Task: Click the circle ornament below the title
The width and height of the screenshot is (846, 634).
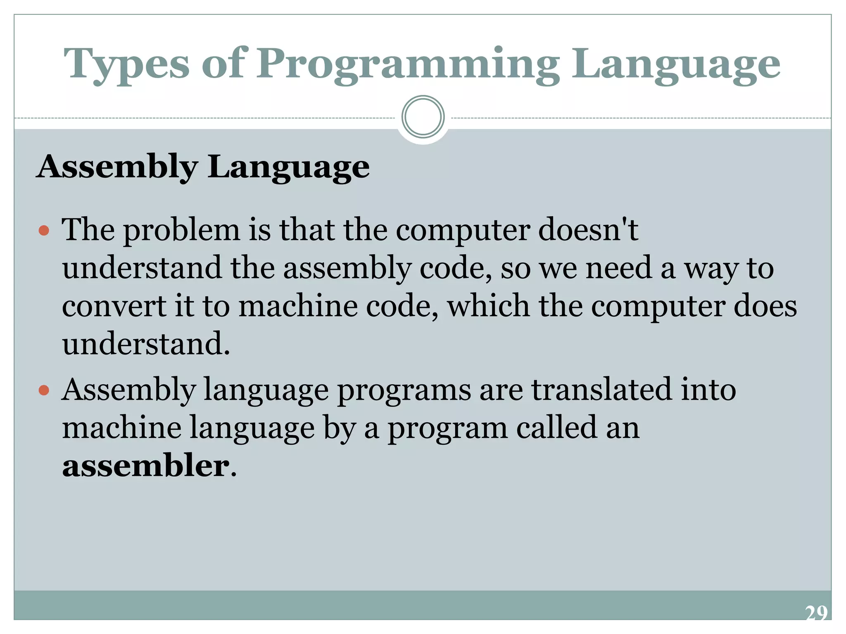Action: (x=423, y=117)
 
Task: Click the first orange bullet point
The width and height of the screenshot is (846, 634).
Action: (x=44, y=230)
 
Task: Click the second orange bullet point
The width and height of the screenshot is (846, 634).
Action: (x=44, y=390)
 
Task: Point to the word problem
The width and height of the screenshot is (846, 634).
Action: (x=182, y=230)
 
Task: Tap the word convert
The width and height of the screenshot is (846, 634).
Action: (x=114, y=306)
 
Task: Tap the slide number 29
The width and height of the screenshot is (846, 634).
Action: (x=816, y=613)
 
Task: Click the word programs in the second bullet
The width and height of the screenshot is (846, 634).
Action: (x=404, y=390)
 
